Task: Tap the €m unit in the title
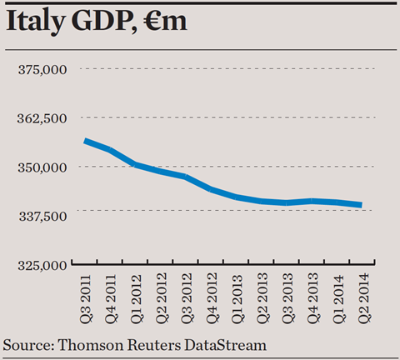tap(166, 21)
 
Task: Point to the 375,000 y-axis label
tap(42, 69)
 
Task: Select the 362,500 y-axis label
tap(42, 118)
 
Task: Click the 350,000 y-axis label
tap(42, 167)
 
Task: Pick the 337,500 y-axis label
tap(43, 217)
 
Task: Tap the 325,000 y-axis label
tap(42, 266)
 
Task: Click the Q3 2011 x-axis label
tap(85, 299)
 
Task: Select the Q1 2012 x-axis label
tap(136, 299)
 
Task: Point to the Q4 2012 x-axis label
tap(212, 297)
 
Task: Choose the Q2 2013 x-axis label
tap(262, 297)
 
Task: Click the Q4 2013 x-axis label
tap(312, 297)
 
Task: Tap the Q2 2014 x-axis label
tap(363, 298)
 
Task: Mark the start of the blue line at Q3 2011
tap(85, 141)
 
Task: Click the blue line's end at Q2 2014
tap(362, 205)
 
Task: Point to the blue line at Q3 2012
tap(186, 177)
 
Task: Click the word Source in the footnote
tap(28, 345)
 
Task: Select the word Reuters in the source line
tap(153, 345)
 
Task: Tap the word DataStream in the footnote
tap(225, 345)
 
